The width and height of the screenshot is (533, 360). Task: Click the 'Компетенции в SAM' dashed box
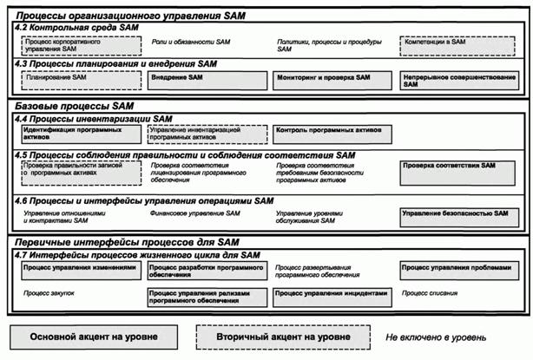tap(459, 44)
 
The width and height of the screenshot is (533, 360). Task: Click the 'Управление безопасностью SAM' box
tap(459, 215)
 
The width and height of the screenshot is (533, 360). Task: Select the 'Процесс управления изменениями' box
tap(80, 272)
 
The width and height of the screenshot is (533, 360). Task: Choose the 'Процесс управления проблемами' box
tap(459, 272)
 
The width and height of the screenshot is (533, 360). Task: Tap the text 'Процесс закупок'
tap(50, 295)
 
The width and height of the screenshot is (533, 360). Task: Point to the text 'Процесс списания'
tap(435, 295)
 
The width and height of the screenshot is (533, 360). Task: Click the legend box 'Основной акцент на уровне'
tap(94, 336)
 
